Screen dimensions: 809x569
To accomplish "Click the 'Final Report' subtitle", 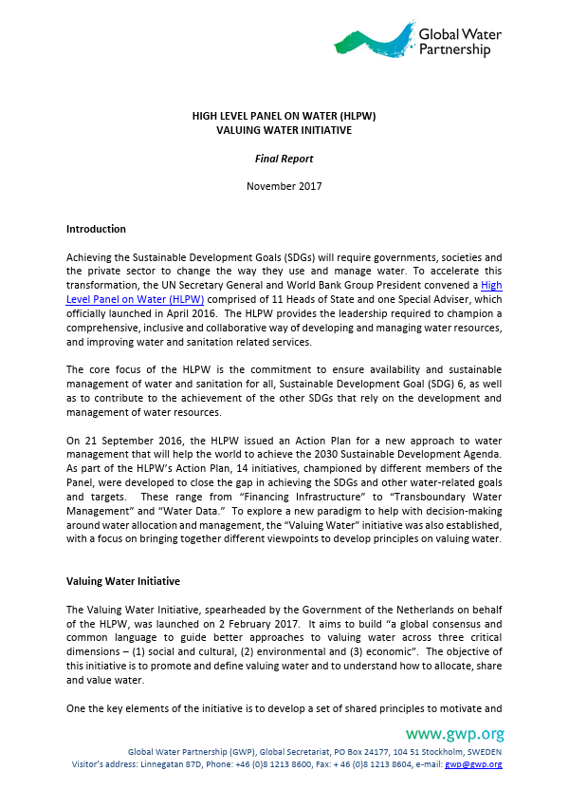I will tap(284, 159).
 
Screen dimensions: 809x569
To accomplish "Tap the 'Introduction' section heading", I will tap(96, 229).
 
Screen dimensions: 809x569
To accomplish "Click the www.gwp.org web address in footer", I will tap(454, 734).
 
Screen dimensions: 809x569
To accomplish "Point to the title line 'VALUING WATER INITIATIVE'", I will tap(284, 129).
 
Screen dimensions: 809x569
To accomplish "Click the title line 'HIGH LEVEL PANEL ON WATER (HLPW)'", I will tap(284, 116).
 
